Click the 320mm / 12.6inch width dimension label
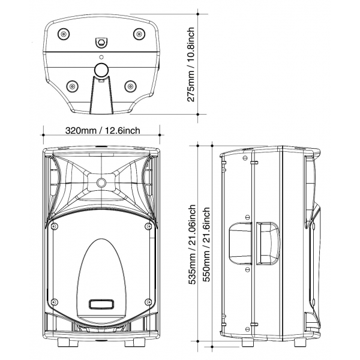pyautogui.click(x=103, y=130)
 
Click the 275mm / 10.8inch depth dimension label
pyautogui.click(x=191, y=65)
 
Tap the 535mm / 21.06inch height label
pyautogui.click(x=192, y=245)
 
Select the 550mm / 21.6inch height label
pyautogui.click(x=206, y=245)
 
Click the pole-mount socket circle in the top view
pyautogui.click(x=101, y=70)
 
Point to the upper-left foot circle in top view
pyautogui.click(x=63, y=34)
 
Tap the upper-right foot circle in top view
pyautogui.click(x=139, y=34)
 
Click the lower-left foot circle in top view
pyautogui.click(x=73, y=86)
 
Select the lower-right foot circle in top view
pyautogui.click(x=130, y=86)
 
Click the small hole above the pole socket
pyautogui.click(x=101, y=57)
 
